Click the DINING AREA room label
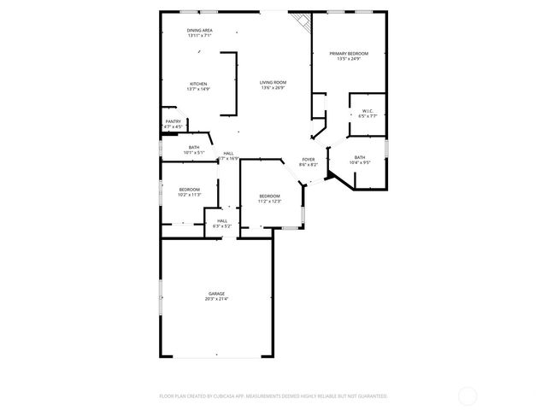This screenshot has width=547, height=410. point(200,31)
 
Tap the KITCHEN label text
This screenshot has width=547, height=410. point(198,84)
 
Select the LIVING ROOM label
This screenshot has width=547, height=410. point(273,82)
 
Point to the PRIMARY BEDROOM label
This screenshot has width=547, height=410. point(349,53)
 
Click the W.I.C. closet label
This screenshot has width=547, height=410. point(368,110)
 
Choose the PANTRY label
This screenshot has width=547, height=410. point(172,122)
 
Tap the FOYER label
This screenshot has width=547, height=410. point(308,159)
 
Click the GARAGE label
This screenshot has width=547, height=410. point(216,293)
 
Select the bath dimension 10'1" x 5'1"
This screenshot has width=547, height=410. point(194,153)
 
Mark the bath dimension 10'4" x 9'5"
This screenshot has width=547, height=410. point(360,162)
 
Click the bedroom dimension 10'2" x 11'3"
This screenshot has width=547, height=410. point(189,195)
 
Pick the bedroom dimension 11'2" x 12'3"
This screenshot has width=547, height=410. point(270,202)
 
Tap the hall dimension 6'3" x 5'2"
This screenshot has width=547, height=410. point(222,225)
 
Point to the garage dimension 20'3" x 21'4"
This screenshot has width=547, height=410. point(216,299)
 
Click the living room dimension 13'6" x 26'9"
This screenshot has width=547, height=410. point(273,88)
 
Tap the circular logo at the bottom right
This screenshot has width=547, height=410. point(468,395)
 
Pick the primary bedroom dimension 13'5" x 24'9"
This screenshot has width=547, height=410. point(349,59)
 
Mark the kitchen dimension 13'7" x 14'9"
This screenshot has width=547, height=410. point(198,90)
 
